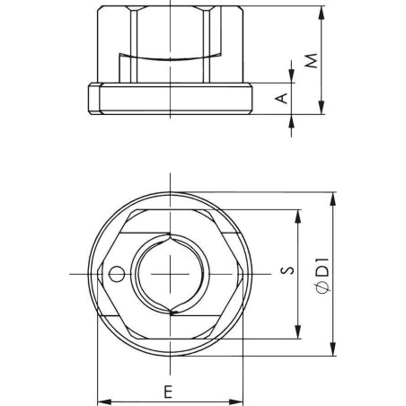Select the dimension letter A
pyautogui.click(x=280, y=98)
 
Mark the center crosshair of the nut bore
pyautogui.click(x=168, y=273)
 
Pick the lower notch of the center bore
pyautogui.click(x=169, y=309)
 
